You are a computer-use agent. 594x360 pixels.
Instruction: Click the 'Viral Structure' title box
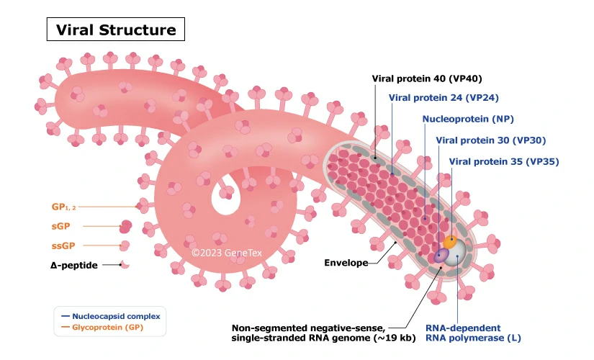pyautogui.click(x=116, y=30)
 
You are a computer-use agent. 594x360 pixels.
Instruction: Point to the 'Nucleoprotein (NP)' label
pyautogui.click(x=467, y=120)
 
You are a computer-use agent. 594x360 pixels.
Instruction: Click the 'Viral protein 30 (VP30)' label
pyautogui.click(x=491, y=140)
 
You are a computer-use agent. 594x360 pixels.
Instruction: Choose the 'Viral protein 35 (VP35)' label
pyautogui.click(x=503, y=161)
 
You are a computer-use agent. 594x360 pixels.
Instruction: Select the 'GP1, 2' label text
pyautogui.click(x=63, y=207)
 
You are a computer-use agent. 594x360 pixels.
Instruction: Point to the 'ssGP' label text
pyautogui.click(x=63, y=246)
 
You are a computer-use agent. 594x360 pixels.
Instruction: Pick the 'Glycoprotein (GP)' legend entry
pyautogui.click(x=108, y=327)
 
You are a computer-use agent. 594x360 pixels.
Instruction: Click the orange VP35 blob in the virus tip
pyautogui.click(x=451, y=241)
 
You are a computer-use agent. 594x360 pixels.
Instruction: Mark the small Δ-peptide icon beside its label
pyautogui.click(x=125, y=265)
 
